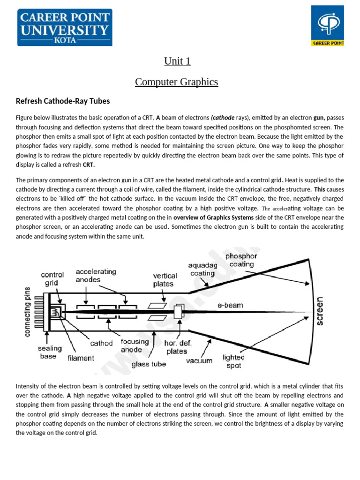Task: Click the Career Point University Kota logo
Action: coord(65,27)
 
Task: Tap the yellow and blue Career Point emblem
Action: coord(328,26)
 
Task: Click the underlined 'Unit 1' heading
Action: coord(177,61)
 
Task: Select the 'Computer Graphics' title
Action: coord(176,82)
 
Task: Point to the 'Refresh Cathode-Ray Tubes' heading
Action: coord(63,101)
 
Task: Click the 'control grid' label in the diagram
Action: coord(52,279)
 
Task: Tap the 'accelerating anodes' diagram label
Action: coord(96,276)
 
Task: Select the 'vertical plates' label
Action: coord(165,280)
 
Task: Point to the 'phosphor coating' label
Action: coord(241,260)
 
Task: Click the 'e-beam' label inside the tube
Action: coord(230,305)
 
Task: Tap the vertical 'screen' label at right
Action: coord(320,311)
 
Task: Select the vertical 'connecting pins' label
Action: coord(27,312)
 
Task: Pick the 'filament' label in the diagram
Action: coord(81,358)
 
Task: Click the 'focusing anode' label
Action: coord(135,346)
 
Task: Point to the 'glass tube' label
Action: coord(149,364)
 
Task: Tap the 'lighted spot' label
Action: coord(233,361)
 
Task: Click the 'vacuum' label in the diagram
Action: coord(199,360)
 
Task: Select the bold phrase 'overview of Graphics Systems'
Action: coord(213,217)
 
